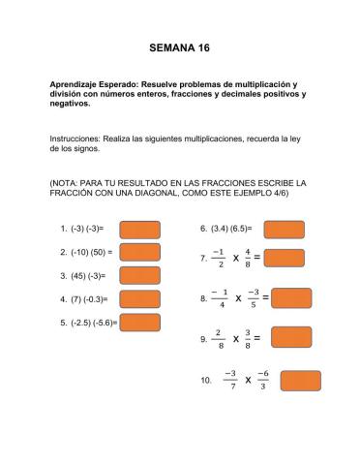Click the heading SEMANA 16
(x=179, y=46)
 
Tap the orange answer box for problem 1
(x=139, y=230)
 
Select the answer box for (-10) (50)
(x=139, y=252)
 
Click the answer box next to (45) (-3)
(x=139, y=275)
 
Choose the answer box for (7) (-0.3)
(x=139, y=298)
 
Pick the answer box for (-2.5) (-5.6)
(x=139, y=322)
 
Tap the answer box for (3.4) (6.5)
(x=284, y=230)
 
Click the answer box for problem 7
(x=284, y=258)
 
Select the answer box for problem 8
(x=291, y=297)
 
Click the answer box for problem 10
(x=300, y=380)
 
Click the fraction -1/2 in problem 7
(x=222, y=259)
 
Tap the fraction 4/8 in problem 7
(x=248, y=259)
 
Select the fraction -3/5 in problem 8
(x=254, y=298)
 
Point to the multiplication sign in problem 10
(x=248, y=381)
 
